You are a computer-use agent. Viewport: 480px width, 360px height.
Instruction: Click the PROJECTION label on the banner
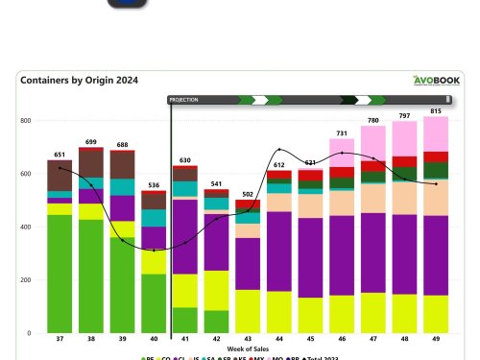(183, 99)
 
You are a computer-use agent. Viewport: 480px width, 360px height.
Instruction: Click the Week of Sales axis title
(248, 349)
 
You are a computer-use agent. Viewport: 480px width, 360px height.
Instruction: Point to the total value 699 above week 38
(91, 142)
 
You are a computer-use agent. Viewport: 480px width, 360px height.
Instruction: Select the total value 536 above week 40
(154, 184)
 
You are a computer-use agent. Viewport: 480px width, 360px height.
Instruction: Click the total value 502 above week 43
(248, 194)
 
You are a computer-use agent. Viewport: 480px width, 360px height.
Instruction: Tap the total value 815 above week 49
(436, 111)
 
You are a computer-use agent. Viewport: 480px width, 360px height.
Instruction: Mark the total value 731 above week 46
(342, 133)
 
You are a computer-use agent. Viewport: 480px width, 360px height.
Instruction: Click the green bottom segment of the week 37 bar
(60, 274)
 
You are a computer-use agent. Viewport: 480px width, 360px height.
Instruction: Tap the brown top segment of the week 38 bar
(91, 163)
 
